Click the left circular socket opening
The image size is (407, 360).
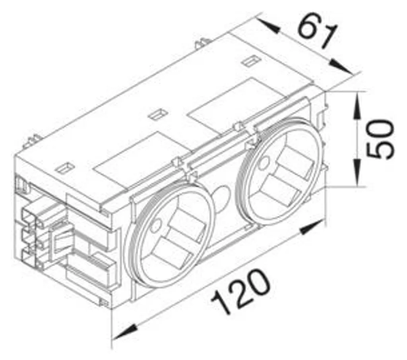click(x=169, y=234)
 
